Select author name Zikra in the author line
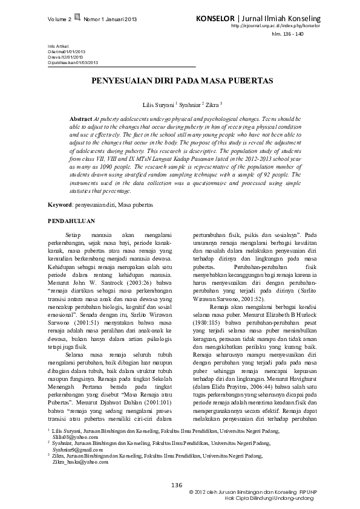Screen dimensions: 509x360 (213, 104)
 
